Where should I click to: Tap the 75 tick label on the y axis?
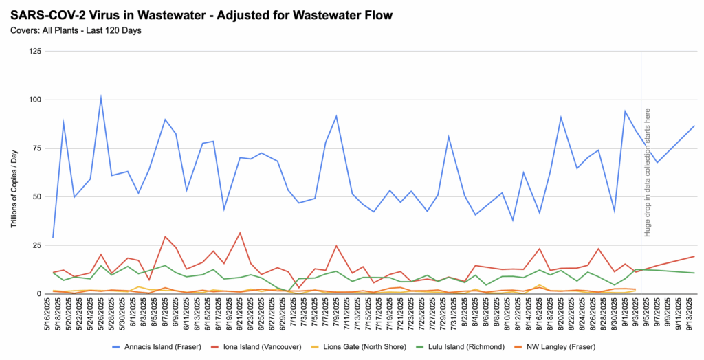36,148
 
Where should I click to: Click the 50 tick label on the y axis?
36,196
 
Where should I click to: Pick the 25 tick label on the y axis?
36,245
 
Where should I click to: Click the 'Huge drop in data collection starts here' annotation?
648,172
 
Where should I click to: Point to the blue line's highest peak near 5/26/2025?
101,98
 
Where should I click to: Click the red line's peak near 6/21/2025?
239,233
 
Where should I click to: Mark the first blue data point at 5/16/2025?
54,237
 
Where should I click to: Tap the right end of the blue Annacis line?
694,126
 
